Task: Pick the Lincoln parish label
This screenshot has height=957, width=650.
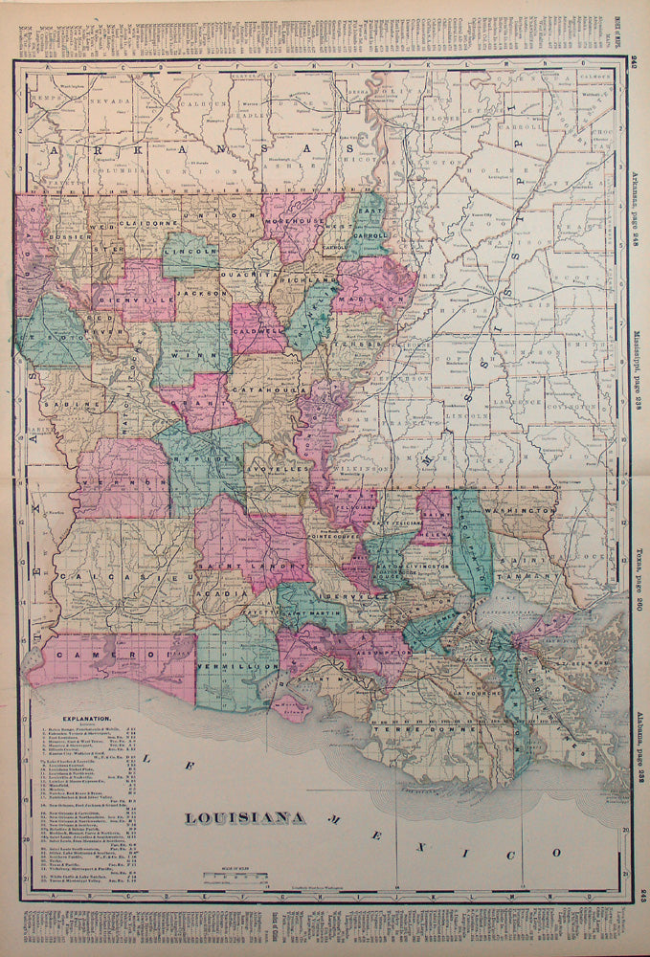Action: pos(191,253)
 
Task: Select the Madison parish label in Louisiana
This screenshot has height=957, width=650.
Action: pos(378,299)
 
